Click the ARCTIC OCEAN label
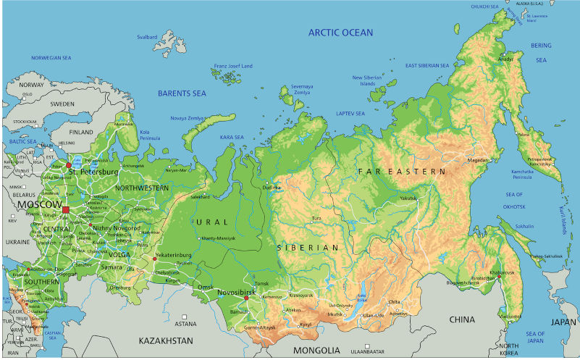coord(340,33)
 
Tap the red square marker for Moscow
coord(66,209)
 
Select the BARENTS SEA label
coord(182,93)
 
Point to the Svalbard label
coord(147,36)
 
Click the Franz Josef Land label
coord(233,66)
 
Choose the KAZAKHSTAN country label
coord(166,340)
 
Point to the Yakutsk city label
coord(408,197)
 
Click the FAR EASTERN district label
coord(401,171)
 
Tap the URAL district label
coord(212,222)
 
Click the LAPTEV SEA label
coord(350,114)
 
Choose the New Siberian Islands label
coord(367,80)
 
